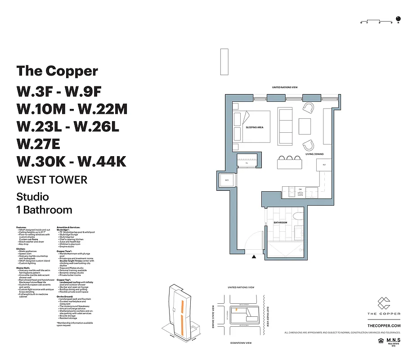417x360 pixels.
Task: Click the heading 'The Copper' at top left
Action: pos(57,71)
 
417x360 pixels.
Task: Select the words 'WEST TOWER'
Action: pos(52,180)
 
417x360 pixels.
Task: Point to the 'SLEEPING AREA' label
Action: pos(254,127)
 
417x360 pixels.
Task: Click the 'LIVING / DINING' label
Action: pos(314,154)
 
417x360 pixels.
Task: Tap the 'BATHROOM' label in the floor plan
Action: pos(281,223)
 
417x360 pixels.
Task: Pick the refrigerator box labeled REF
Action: pos(323,165)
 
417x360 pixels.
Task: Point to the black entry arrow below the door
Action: pos(254,257)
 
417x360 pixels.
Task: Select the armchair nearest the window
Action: pos(309,108)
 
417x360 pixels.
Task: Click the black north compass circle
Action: pos(398,19)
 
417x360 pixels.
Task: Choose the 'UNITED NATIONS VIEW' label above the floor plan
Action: pos(285,88)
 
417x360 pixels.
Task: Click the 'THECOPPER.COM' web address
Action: pos(384,325)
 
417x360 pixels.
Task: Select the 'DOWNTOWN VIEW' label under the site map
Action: pos(241,343)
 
